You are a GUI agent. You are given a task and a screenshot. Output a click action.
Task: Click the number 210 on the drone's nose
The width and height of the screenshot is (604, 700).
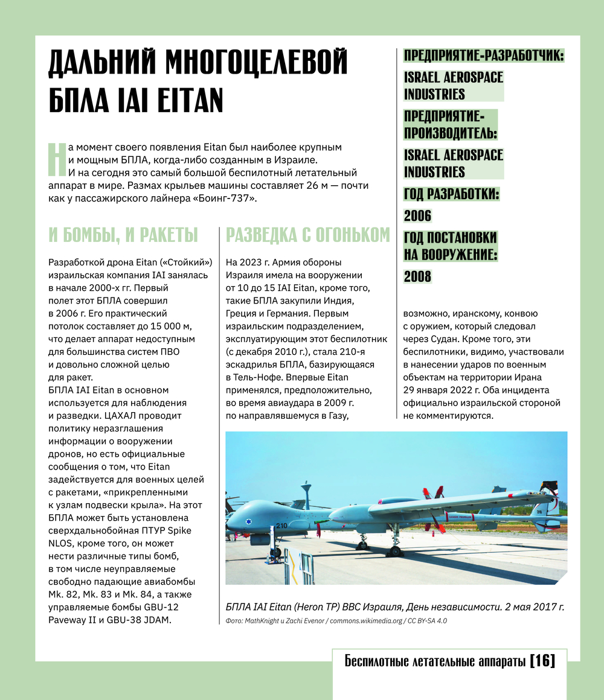tap(281, 508)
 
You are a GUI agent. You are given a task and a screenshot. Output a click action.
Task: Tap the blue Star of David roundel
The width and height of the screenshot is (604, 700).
tap(248, 522)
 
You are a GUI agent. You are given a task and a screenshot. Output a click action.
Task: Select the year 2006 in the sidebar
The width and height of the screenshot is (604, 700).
tap(418, 215)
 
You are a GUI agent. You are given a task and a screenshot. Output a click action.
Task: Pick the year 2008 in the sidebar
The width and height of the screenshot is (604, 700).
tap(418, 276)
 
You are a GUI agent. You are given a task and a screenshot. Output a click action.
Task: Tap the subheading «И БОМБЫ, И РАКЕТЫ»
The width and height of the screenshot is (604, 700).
tap(123, 235)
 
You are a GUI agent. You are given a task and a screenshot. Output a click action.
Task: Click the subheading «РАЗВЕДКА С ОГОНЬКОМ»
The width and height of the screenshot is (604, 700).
tap(307, 235)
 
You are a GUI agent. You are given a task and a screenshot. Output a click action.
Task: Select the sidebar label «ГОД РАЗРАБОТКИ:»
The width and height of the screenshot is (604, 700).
tap(451, 194)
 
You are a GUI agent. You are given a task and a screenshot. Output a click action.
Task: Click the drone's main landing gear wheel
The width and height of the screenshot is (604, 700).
tap(394, 550)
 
